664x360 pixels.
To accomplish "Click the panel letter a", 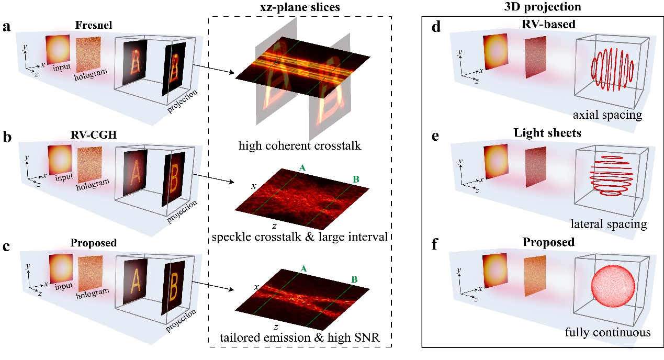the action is click(x=6, y=27).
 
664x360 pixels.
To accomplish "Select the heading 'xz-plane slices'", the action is click(x=300, y=7).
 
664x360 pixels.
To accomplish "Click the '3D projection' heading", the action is click(x=543, y=6).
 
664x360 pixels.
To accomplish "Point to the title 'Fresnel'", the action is click(x=94, y=25).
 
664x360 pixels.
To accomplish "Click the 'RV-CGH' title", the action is click(x=94, y=135).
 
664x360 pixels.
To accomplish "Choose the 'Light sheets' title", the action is click(x=547, y=133).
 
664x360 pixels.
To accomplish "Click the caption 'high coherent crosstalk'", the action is click(x=300, y=145).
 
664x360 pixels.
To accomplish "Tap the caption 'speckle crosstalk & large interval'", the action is click(x=300, y=237).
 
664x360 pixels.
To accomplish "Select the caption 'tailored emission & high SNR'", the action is click(x=300, y=337).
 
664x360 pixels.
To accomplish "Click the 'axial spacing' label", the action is click(x=607, y=115).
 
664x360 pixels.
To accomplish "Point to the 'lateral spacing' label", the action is click(x=609, y=224).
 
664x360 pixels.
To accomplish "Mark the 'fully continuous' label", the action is click(x=607, y=332).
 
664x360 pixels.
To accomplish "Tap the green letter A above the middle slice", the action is click(x=302, y=168).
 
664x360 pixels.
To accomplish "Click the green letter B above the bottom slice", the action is click(x=354, y=279).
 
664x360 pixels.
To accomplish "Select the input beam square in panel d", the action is click(x=495, y=52).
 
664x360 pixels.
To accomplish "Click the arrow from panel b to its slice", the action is click(x=213, y=179).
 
